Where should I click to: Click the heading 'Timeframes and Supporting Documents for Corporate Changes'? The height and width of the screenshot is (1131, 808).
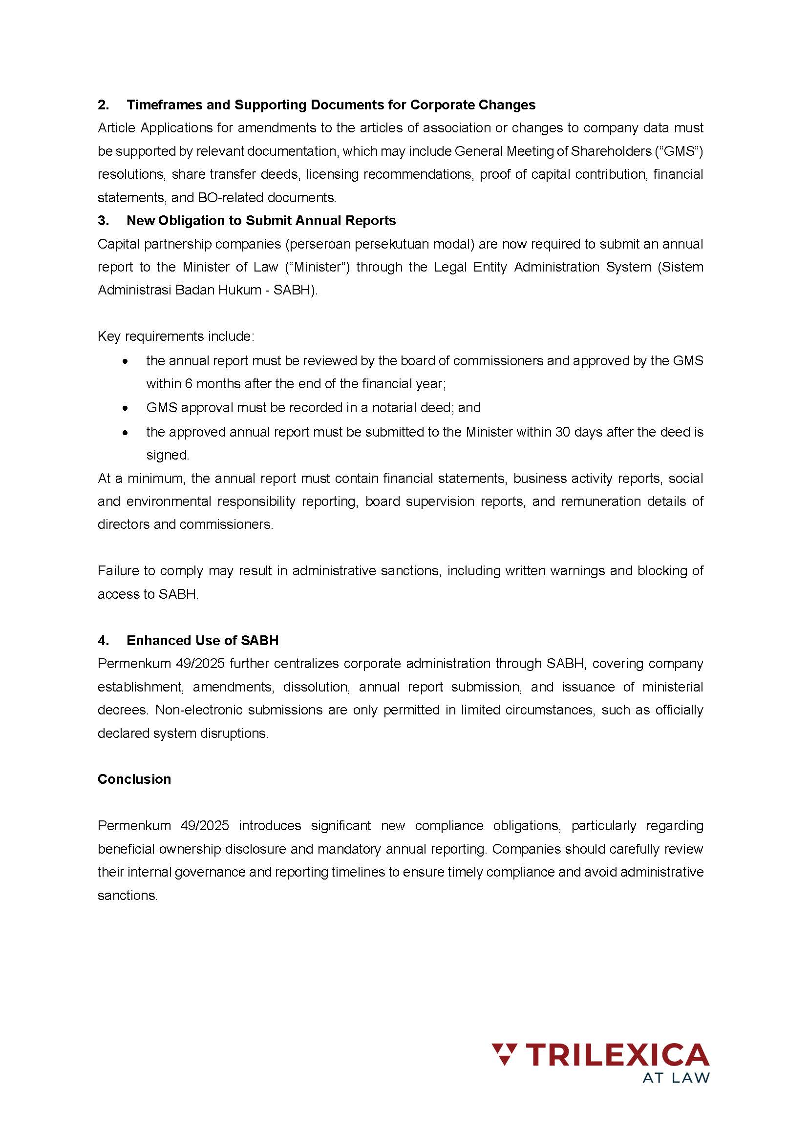[331, 105]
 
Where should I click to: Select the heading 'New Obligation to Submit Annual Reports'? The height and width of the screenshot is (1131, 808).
[261, 221]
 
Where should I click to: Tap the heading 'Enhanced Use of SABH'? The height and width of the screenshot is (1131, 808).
[203, 641]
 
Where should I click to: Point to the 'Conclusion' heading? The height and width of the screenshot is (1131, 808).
[134, 779]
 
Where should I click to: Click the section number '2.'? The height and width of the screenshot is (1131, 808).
[104, 105]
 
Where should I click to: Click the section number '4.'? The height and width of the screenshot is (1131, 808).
[104, 641]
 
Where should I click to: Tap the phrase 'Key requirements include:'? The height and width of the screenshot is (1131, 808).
[176, 337]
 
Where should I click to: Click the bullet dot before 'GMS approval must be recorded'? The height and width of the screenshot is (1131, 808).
[126, 408]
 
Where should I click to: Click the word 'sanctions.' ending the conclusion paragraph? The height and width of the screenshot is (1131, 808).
[128, 896]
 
